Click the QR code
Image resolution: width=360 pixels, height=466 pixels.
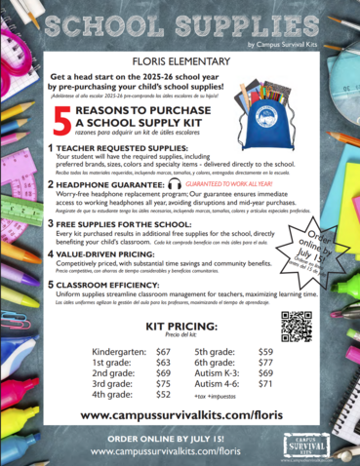point(296,326)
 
